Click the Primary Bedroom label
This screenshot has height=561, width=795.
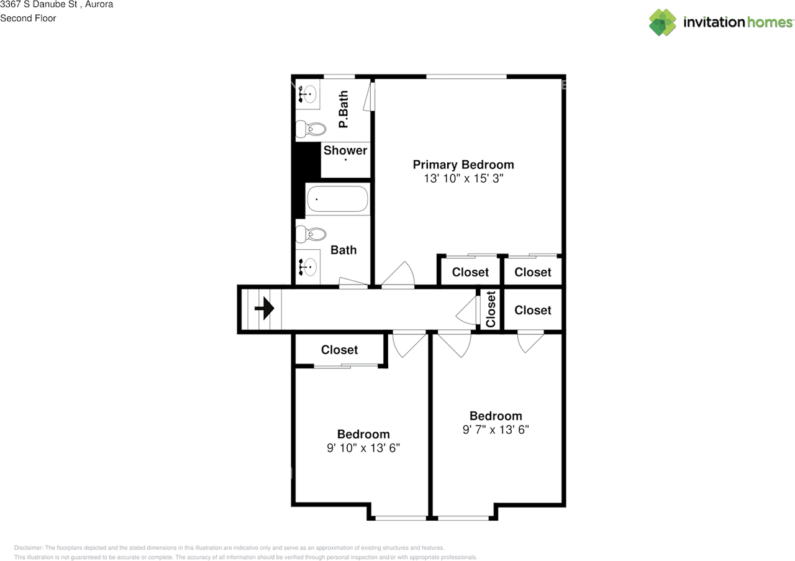[x=463, y=165]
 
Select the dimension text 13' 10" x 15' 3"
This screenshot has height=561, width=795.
[x=463, y=179]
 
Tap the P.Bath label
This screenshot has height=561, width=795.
[x=343, y=109]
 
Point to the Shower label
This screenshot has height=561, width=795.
[x=345, y=150]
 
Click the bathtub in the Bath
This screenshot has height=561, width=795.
[x=337, y=199]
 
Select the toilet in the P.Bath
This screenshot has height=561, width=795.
[x=310, y=129]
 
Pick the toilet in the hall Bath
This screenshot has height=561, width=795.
[x=310, y=234]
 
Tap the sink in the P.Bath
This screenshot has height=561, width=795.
[x=307, y=94]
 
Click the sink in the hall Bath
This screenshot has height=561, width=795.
[x=307, y=267]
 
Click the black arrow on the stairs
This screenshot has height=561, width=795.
[x=265, y=308]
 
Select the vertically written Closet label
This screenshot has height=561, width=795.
[x=491, y=309]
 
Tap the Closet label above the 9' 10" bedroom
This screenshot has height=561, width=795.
[x=339, y=350]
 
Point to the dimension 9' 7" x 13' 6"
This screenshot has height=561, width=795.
[x=496, y=429]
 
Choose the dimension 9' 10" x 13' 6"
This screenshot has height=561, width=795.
[x=363, y=448]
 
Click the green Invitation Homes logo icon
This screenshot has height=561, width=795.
[x=663, y=22]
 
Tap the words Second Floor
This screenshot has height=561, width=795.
[x=28, y=18]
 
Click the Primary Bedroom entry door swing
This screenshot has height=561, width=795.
[x=397, y=275]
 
